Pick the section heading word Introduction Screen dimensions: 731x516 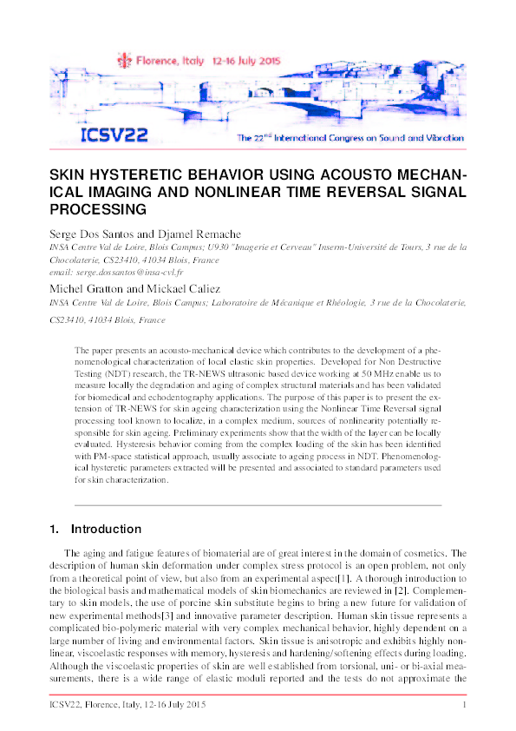tap(106, 529)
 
